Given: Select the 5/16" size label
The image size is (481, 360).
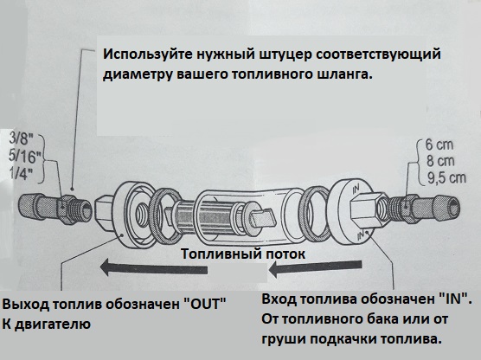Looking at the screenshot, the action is coord(24,157).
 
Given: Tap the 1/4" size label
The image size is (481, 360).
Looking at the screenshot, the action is coord(21,174).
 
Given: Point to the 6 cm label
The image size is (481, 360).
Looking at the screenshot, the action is coord(439,145).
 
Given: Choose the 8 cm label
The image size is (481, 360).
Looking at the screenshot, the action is coord(439,161).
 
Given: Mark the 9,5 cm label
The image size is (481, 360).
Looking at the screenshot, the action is coord(446,178).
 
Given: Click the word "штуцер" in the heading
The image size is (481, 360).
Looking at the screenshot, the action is coord(285,55).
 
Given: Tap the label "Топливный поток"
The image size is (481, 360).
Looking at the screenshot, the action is coord(243,254).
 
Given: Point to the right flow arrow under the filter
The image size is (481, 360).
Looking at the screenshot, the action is coord(315,268).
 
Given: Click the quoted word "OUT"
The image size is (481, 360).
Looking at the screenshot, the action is coord(204,304).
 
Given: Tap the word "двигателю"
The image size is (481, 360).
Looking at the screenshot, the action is coord(53,325).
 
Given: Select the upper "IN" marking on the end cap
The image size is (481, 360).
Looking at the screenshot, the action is coord(356,189).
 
